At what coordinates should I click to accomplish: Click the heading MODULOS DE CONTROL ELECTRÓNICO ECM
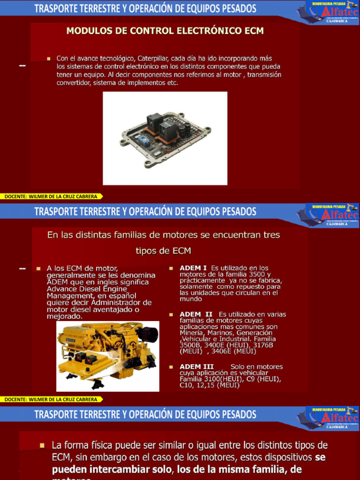165,31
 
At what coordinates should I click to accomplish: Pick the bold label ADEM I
193,268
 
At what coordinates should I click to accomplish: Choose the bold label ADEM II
196,314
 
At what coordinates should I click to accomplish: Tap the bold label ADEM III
197,367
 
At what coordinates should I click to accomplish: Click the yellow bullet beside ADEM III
172,367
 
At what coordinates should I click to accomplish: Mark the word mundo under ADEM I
191,299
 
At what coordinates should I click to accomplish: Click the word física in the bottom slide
104,445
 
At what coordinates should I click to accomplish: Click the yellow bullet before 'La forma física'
42,445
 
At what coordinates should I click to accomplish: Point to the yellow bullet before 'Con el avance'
48,59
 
